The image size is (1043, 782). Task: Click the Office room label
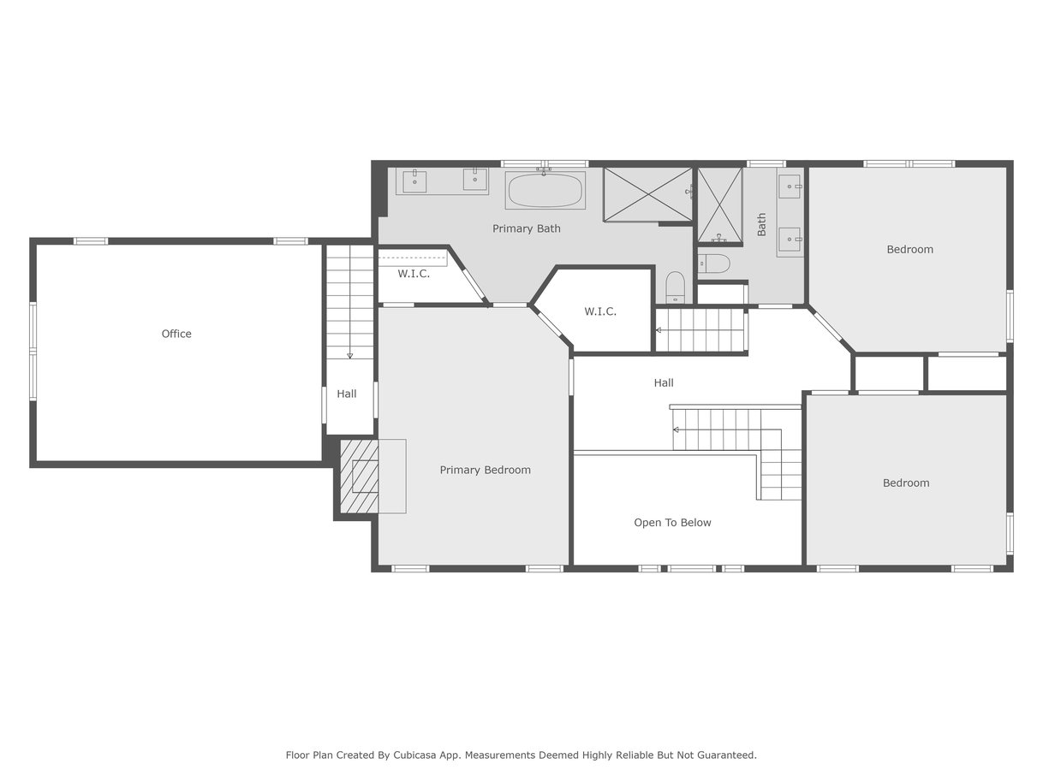click(x=176, y=334)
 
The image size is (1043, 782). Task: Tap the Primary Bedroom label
click(x=485, y=470)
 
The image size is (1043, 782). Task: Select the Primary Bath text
click(x=526, y=228)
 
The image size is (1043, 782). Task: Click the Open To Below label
click(x=672, y=523)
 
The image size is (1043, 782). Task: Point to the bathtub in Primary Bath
click(x=545, y=190)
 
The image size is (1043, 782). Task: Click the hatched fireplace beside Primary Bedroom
click(x=360, y=477)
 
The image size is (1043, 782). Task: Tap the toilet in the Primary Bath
click(x=675, y=287)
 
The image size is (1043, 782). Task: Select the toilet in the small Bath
click(x=713, y=263)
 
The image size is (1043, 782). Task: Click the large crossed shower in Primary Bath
click(x=647, y=194)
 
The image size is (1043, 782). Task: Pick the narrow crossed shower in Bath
click(x=719, y=204)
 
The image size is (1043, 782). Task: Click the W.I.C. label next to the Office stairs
click(x=414, y=274)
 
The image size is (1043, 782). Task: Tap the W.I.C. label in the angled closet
click(x=600, y=311)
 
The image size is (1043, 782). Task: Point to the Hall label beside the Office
click(x=347, y=394)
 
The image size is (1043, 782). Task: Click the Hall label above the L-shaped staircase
click(x=664, y=382)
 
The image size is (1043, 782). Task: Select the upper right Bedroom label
click(x=909, y=249)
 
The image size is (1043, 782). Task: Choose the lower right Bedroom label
click(x=906, y=483)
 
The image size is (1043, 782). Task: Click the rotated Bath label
click(x=761, y=224)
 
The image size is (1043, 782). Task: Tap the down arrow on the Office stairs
click(x=349, y=356)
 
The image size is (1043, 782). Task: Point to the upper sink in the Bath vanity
click(x=790, y=187)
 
